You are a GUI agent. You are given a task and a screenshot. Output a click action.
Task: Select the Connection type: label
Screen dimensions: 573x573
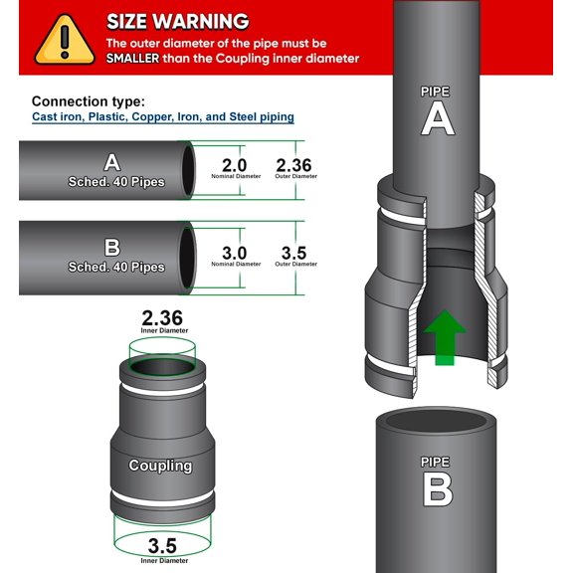point(88,101)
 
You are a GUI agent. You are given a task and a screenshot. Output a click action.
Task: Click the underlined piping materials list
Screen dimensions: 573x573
point(163,117)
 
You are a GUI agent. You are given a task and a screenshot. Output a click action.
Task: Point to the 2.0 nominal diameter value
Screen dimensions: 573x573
point(235,164)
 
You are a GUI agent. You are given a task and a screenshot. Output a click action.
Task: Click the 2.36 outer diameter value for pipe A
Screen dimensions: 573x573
point(293,164)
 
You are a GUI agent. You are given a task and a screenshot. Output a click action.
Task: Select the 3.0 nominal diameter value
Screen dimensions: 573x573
point(235,253)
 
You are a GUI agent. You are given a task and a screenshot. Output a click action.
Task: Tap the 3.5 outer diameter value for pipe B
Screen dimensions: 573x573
point(293,253)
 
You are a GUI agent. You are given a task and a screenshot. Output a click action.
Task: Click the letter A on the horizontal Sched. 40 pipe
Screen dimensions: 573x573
point(112,162)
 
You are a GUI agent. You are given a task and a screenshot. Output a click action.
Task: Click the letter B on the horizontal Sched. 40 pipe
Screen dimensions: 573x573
point(112,248)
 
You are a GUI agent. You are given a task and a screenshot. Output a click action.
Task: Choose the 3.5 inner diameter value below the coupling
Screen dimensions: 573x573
point(162,545)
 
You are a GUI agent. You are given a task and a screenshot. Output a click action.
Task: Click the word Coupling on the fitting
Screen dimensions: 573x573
point(159,465)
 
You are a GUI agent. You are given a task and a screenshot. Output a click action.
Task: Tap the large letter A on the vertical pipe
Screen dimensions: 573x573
point(437,118)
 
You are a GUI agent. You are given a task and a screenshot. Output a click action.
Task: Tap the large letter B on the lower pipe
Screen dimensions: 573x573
point(437,489)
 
